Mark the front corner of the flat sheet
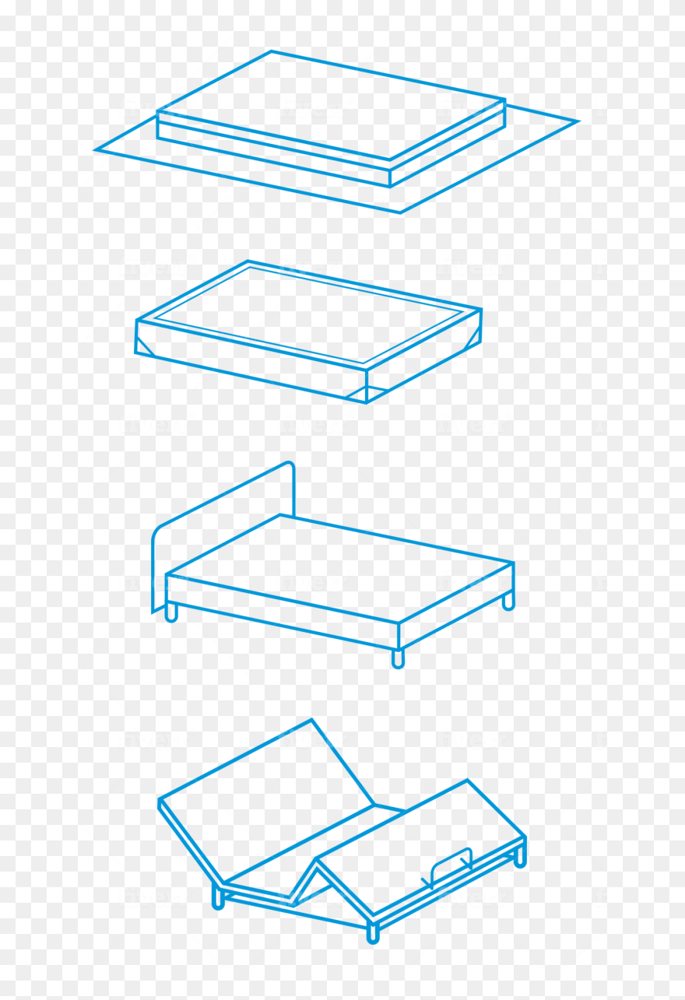(400, 211)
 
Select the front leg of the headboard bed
(398, 657)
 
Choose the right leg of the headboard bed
(508, 599)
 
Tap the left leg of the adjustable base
(219, 898)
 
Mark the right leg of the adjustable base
(520, 855)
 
